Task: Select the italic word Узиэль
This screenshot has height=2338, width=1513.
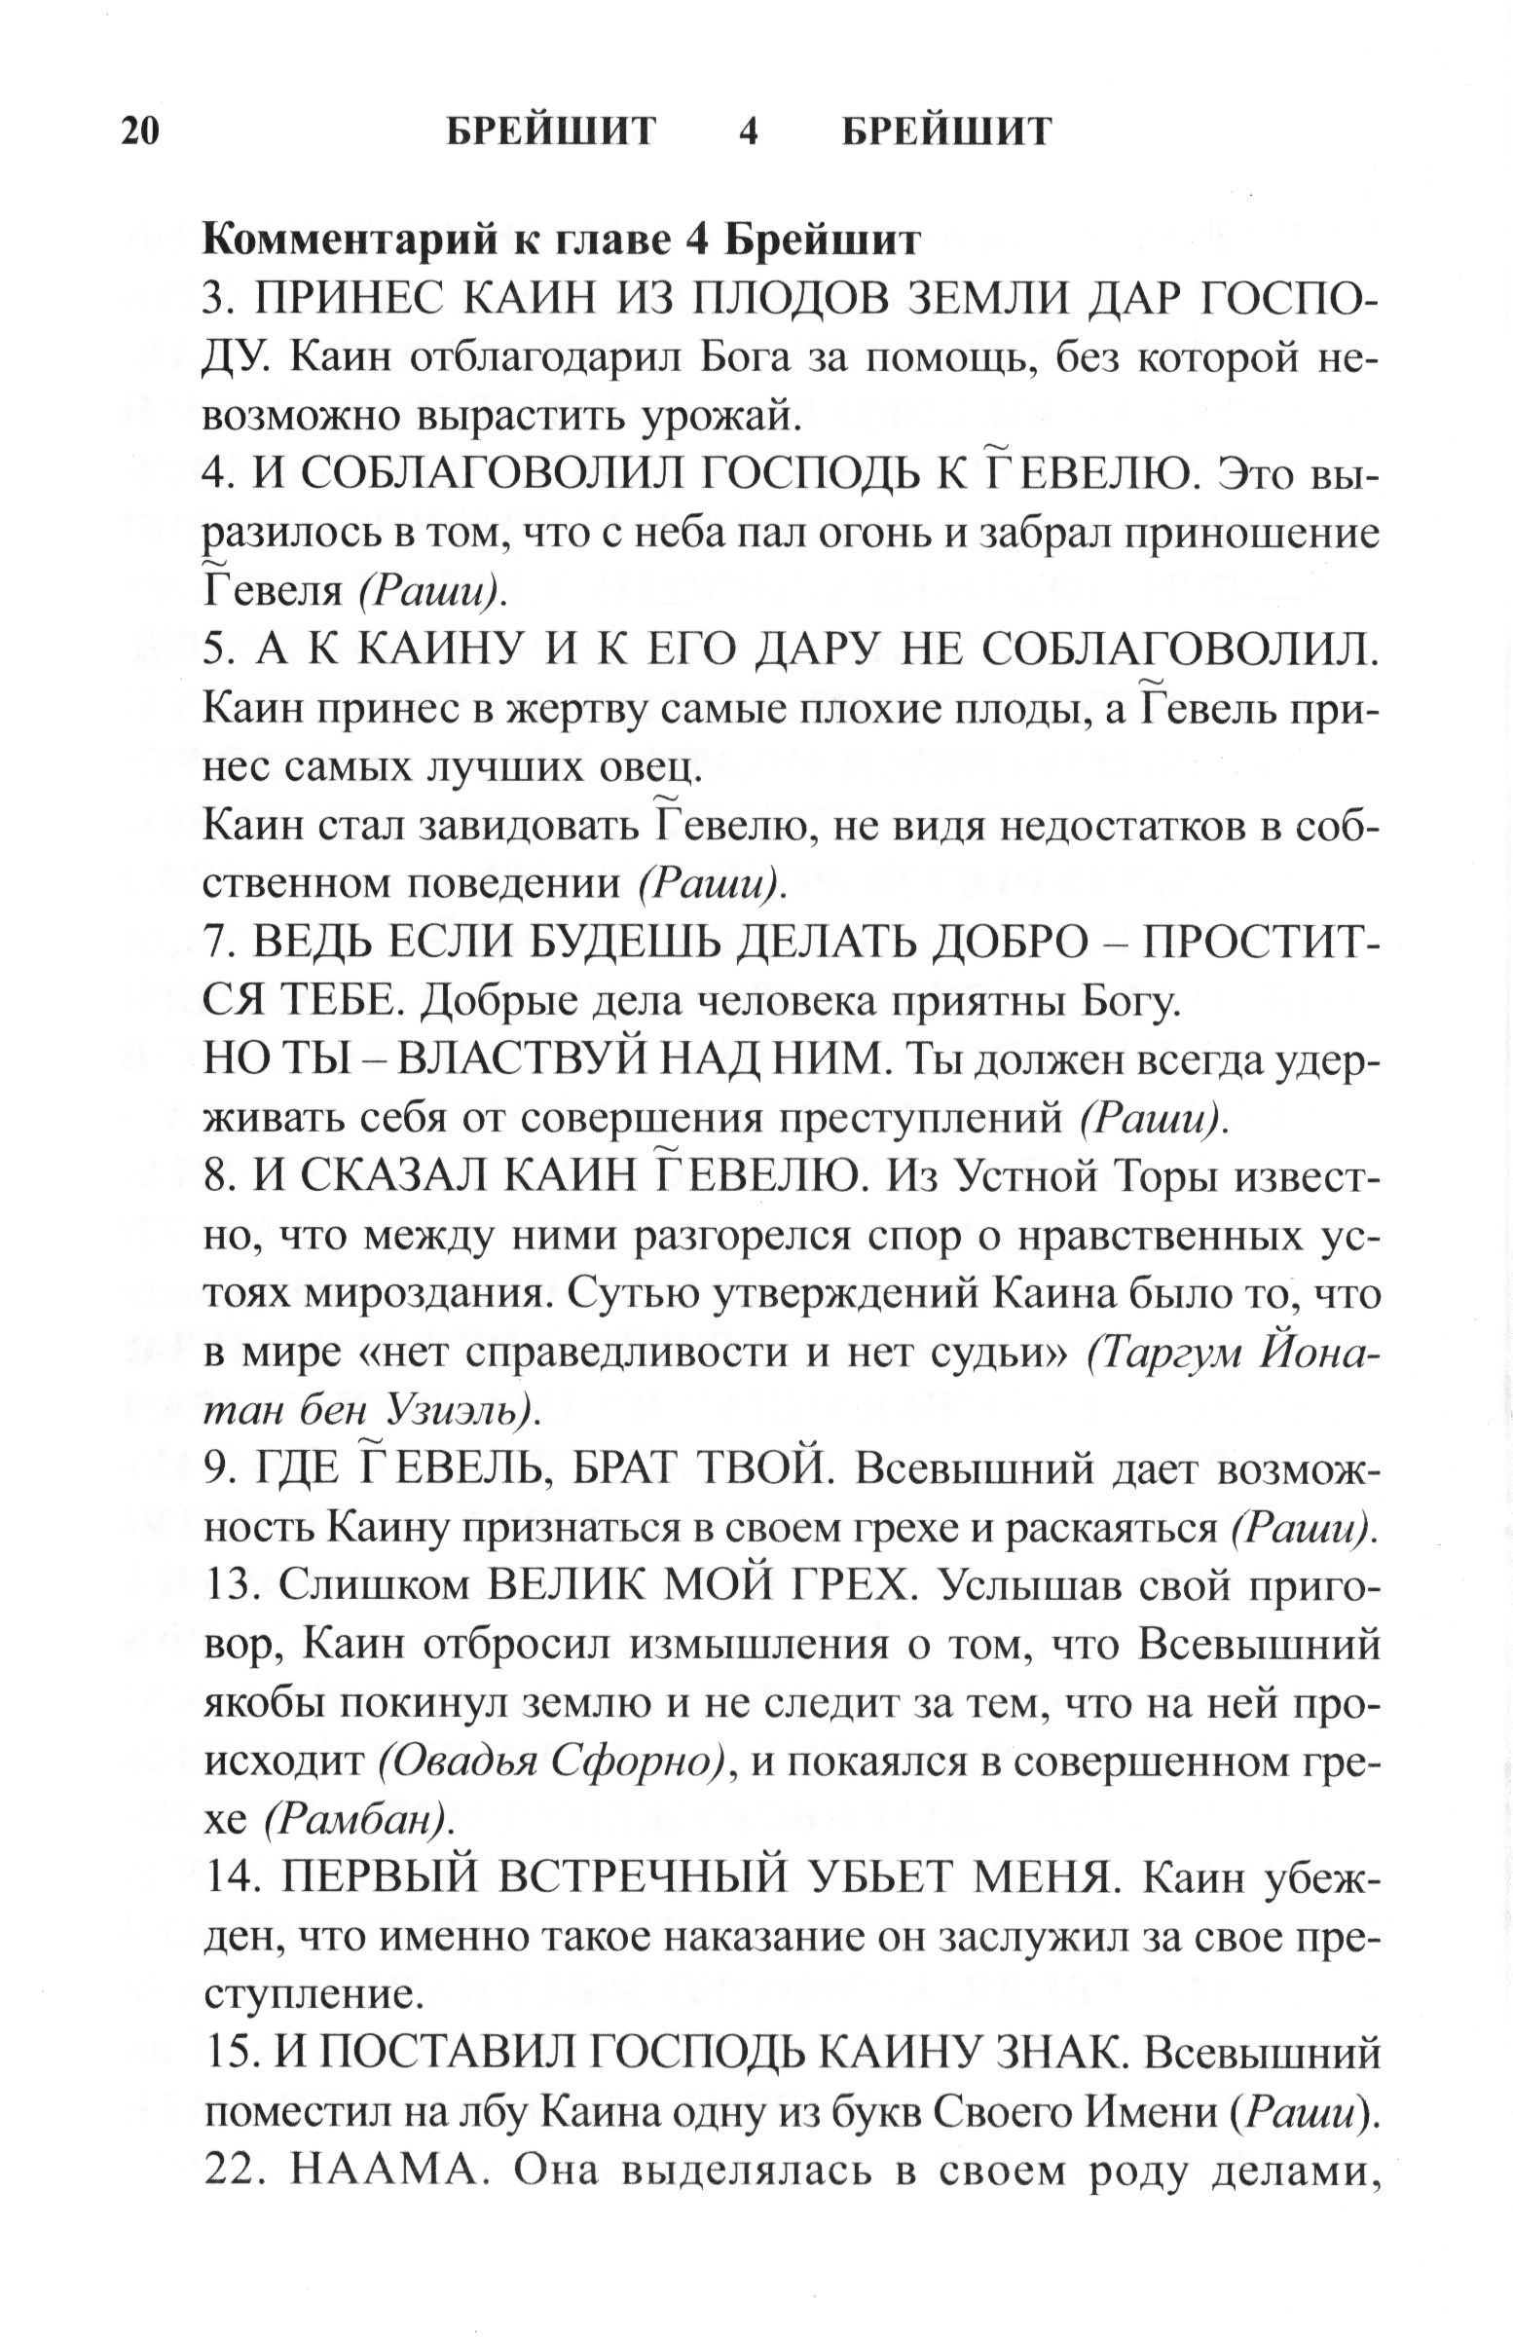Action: (x=461, y=1412)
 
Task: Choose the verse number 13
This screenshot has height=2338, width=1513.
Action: (x=232, y=1587)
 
